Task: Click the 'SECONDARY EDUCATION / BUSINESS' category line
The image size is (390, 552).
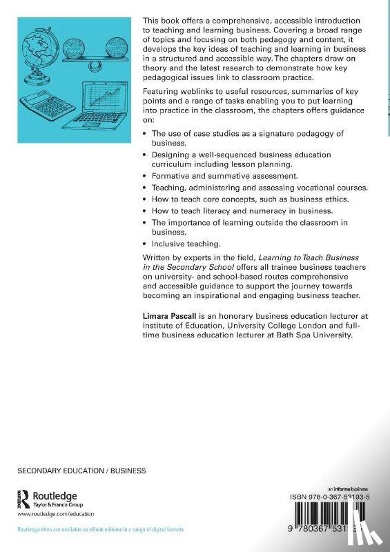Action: [x=81, y=471]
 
